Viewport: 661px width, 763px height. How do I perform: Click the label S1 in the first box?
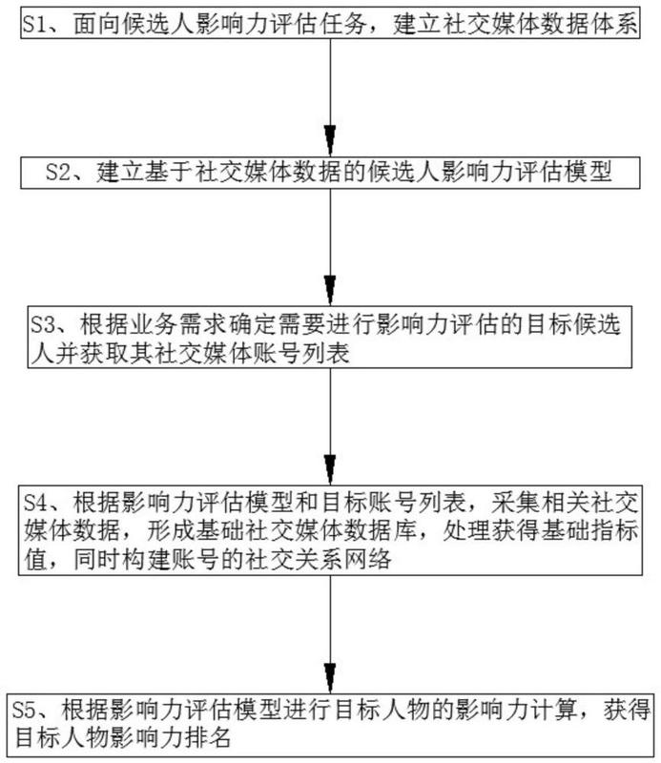tap(34, 24)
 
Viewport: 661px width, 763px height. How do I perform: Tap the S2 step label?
tap(57, 173)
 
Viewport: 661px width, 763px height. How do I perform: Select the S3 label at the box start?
tap(42, 324)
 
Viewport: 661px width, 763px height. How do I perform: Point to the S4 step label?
tap(36, 504)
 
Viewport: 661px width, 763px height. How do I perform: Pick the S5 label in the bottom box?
tap(25, 710)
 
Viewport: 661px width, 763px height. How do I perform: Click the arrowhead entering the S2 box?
tap(330, 140)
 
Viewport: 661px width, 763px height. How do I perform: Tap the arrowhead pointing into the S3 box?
tap(330, 291)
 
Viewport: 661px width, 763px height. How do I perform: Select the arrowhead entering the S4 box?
tap(330, 469)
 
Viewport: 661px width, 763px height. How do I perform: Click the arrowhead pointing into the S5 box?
tap(330, 677)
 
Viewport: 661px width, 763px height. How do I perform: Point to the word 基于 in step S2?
tap(169, 173)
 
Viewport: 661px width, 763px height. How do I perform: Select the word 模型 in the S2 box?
tap(588, 173)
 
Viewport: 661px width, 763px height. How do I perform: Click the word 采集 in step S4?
tap(515, 504)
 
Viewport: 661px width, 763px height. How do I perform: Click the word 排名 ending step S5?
tap(208, 738)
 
